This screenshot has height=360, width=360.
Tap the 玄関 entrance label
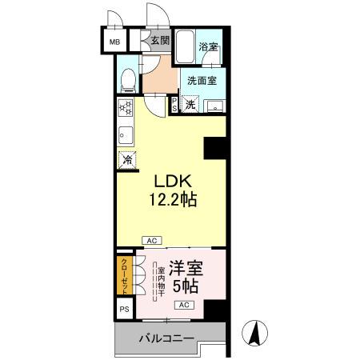coord(159,41)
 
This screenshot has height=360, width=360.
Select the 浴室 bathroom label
coord(209,47)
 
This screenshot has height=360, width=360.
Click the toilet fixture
coord(128,78)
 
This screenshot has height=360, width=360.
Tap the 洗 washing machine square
coord(190,104)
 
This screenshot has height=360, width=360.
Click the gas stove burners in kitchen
coord(126,109)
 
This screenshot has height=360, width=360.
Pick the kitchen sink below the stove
coord(126,133)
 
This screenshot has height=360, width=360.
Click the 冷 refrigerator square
coord(127,159)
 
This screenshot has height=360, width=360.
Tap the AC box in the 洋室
coord(183,306)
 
